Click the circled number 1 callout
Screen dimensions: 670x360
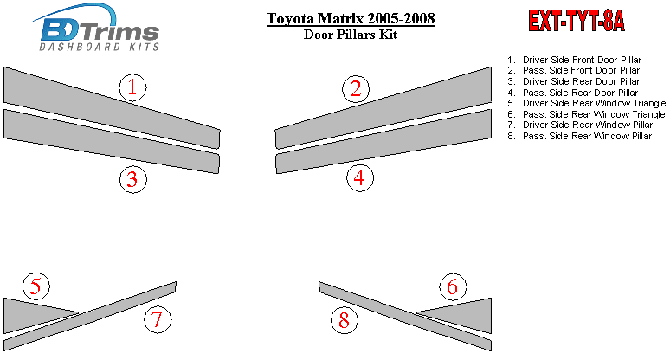(x=132, y=87)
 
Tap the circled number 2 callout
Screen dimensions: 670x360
(x=356, y=89)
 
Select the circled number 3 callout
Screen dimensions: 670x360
(x=133, y=179)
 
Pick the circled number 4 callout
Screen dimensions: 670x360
(x=360, y=177)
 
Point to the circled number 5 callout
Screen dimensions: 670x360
(x=35, y=286)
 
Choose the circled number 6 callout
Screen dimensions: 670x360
(x=453, y=286)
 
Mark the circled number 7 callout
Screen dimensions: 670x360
(x=158, y=319)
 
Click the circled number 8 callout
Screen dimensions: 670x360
(x=345, y=320)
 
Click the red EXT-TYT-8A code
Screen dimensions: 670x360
(x=577, y=21)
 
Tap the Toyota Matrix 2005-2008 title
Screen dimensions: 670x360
(x=351, y=18)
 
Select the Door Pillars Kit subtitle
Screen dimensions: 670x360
(x=351, y=34)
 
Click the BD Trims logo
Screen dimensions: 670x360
(x=97, y=28)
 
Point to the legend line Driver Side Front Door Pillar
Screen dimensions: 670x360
(x=574, y=60)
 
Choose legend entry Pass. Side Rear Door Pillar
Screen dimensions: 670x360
(x=572, y=93)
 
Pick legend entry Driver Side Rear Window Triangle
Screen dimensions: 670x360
(x=586, y=103)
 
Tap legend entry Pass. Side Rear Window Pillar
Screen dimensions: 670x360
(x=579, y=136)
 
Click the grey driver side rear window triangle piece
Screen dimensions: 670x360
(x=30, y=315)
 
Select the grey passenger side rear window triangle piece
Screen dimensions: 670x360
(x=466, y=315)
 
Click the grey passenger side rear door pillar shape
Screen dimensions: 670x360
(x=383, y=141)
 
